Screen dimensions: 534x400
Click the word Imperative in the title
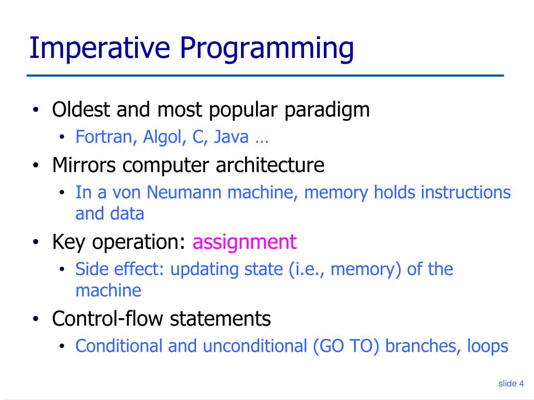(100, 48)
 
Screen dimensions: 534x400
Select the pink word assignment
(245, 243)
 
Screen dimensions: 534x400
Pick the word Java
(231, 137)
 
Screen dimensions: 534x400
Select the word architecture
(270, 165)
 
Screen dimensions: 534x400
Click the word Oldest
(81, 109)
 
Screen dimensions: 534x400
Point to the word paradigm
(327, 110)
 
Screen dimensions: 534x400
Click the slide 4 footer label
(511, 384)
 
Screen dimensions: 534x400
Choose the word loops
(488, 346)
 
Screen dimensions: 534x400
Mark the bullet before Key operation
(36, 242)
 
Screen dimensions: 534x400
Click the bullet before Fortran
(62, 137)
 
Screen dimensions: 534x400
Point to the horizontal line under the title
(265, 76)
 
